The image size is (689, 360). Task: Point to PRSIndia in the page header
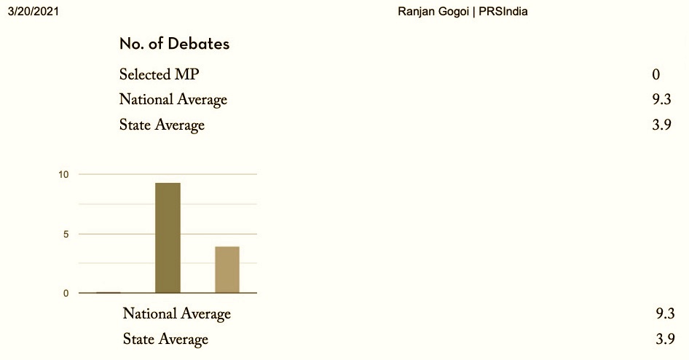(503, 12)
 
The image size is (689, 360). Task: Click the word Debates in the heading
(199, 44)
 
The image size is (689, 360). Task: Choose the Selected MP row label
(159, 74)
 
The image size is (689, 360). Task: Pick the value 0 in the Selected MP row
(656, 74)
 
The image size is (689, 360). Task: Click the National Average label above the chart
(173, 100)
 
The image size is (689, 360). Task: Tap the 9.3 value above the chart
(661, 100)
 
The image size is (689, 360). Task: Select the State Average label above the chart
(162, 125)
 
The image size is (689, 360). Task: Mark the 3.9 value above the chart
(661, 125)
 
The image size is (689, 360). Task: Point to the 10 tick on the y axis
(63, 175)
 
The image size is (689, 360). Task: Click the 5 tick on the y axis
(66, 234)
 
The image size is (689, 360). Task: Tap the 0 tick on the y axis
(66, 294)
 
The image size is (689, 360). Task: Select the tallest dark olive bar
(168, 238)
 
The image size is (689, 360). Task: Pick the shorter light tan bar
(227, 270)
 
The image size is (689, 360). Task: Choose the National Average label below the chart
(177, 314)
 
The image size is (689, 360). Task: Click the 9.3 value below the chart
(665, 314)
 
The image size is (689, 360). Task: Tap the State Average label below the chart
(165, 339)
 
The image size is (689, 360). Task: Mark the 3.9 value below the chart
(665, 339)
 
